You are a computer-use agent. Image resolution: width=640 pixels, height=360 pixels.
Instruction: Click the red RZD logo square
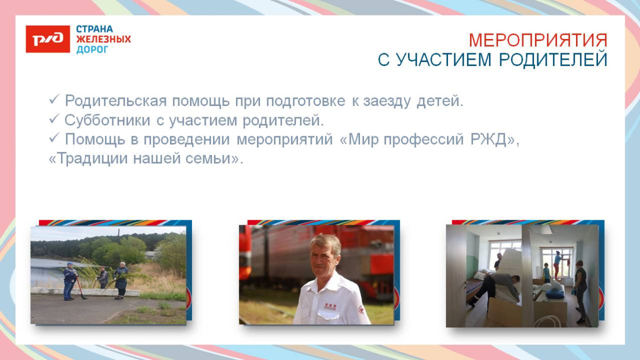48,39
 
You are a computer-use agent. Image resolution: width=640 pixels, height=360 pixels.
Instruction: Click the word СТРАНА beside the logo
94,29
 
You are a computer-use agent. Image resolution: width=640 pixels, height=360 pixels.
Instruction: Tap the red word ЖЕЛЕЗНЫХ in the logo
103,39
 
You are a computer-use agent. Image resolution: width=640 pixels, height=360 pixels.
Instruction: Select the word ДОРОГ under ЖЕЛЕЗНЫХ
92,50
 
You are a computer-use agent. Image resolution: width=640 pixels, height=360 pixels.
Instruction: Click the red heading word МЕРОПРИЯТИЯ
538,40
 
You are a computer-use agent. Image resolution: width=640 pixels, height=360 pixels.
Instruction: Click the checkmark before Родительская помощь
54,100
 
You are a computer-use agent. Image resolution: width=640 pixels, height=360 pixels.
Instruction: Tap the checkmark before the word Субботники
54,120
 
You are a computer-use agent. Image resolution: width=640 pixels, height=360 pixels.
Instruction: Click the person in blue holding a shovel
69,281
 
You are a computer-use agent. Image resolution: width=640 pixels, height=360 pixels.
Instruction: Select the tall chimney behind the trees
119,235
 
